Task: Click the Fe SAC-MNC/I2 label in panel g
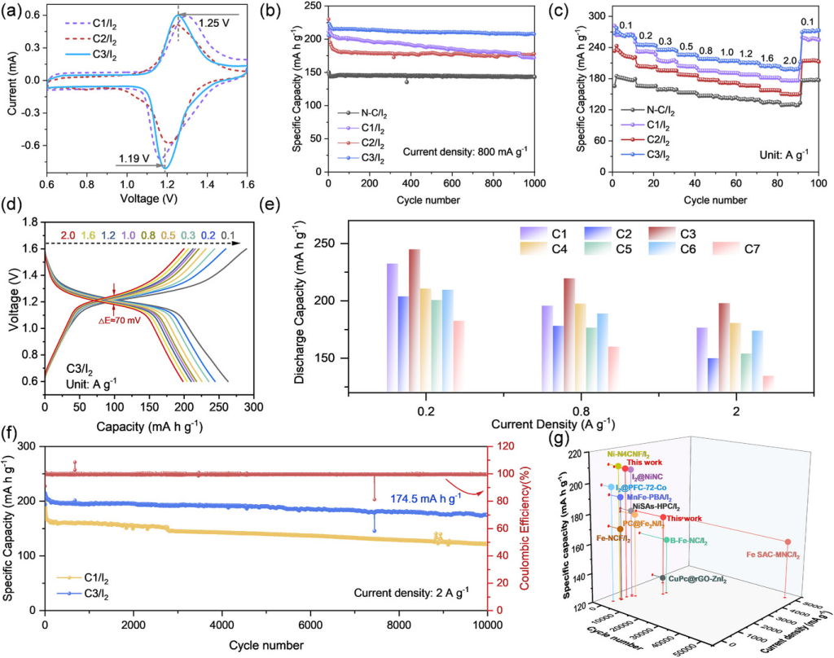tap(773, 555)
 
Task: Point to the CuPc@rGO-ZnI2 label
tap(697, 579)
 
